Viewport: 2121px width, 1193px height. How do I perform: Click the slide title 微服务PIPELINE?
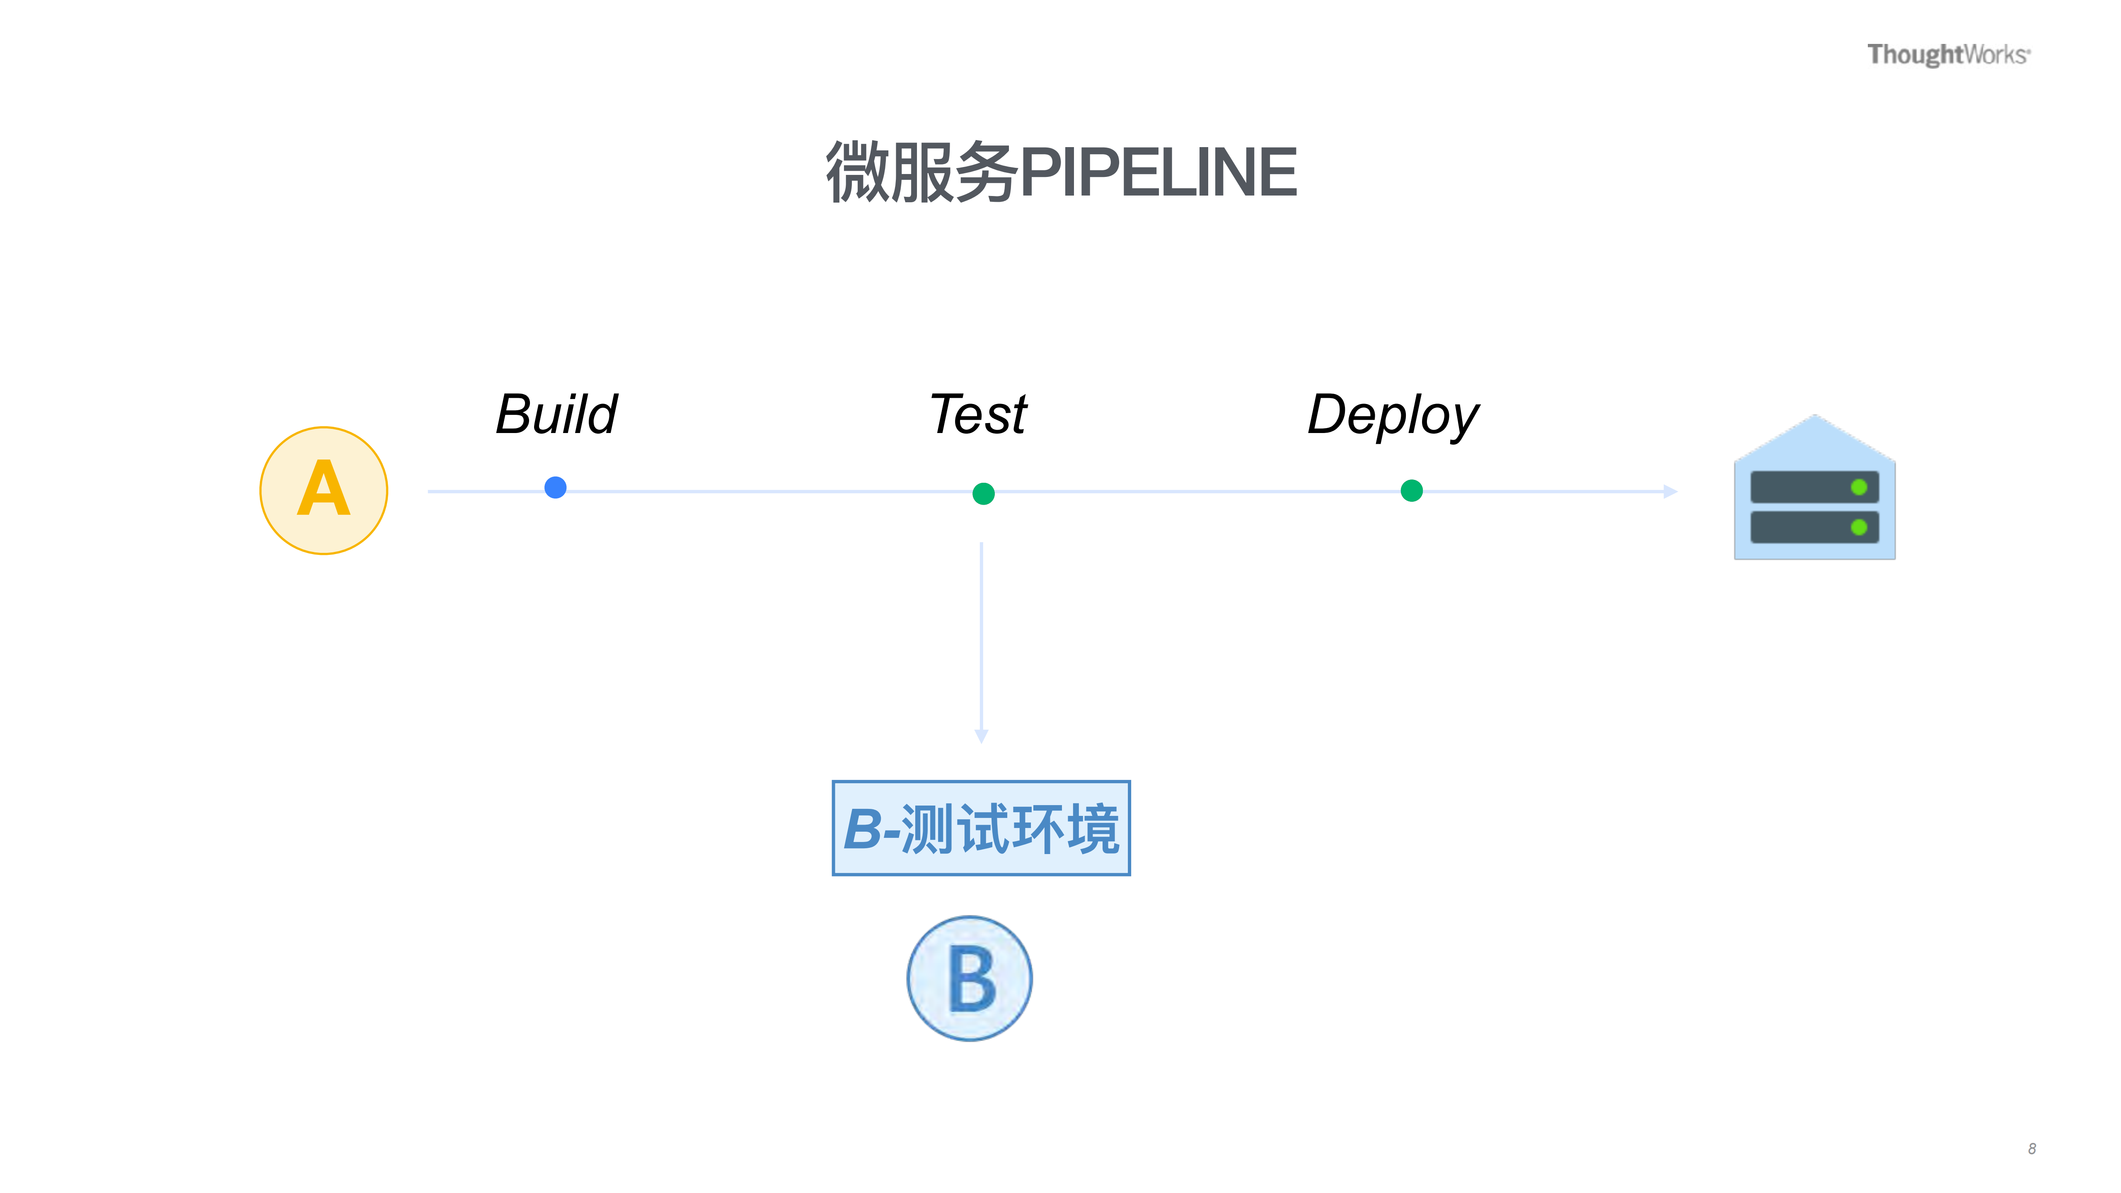click(x=1061, y=172)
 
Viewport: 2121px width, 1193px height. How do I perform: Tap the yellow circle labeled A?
click(x=324, y=491)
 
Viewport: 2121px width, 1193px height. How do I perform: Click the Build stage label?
click(x=556, y=414)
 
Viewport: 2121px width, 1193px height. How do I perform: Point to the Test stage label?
click(x=978, y=414)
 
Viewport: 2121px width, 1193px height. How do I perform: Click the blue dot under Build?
click(x=556, y=487)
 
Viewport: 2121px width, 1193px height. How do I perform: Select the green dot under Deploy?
click(x=1411, y=491)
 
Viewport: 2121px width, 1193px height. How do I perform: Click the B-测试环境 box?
click(x=981, y=828)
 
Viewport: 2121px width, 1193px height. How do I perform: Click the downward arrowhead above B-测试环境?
click(x=981, y=735)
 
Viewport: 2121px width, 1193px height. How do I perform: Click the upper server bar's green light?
click(x=1858, y=487)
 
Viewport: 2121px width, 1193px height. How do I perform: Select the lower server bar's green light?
click(x=1858, y=527)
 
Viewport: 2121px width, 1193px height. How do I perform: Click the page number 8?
click(x=2031, y=1149)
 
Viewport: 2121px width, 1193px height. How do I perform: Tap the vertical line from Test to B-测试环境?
click(x=981, y=634)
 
